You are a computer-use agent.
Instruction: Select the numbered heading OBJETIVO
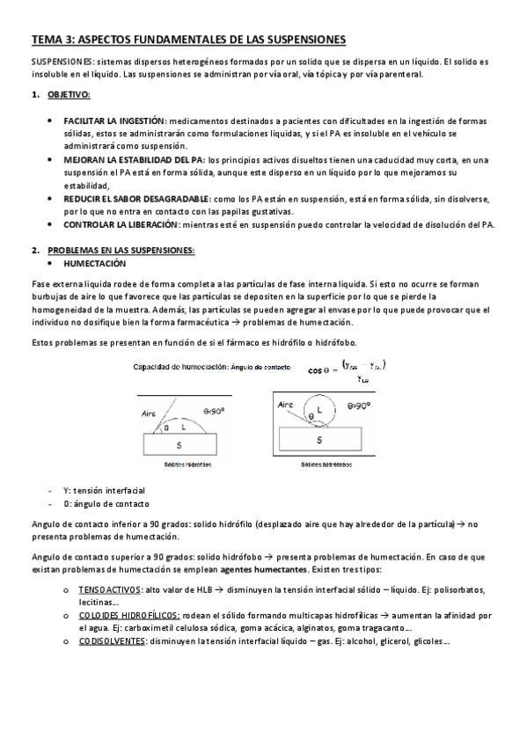tap(69, 93)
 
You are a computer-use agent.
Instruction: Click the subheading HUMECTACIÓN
tap(94, 263)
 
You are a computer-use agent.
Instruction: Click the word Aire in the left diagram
tap(150, 411)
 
